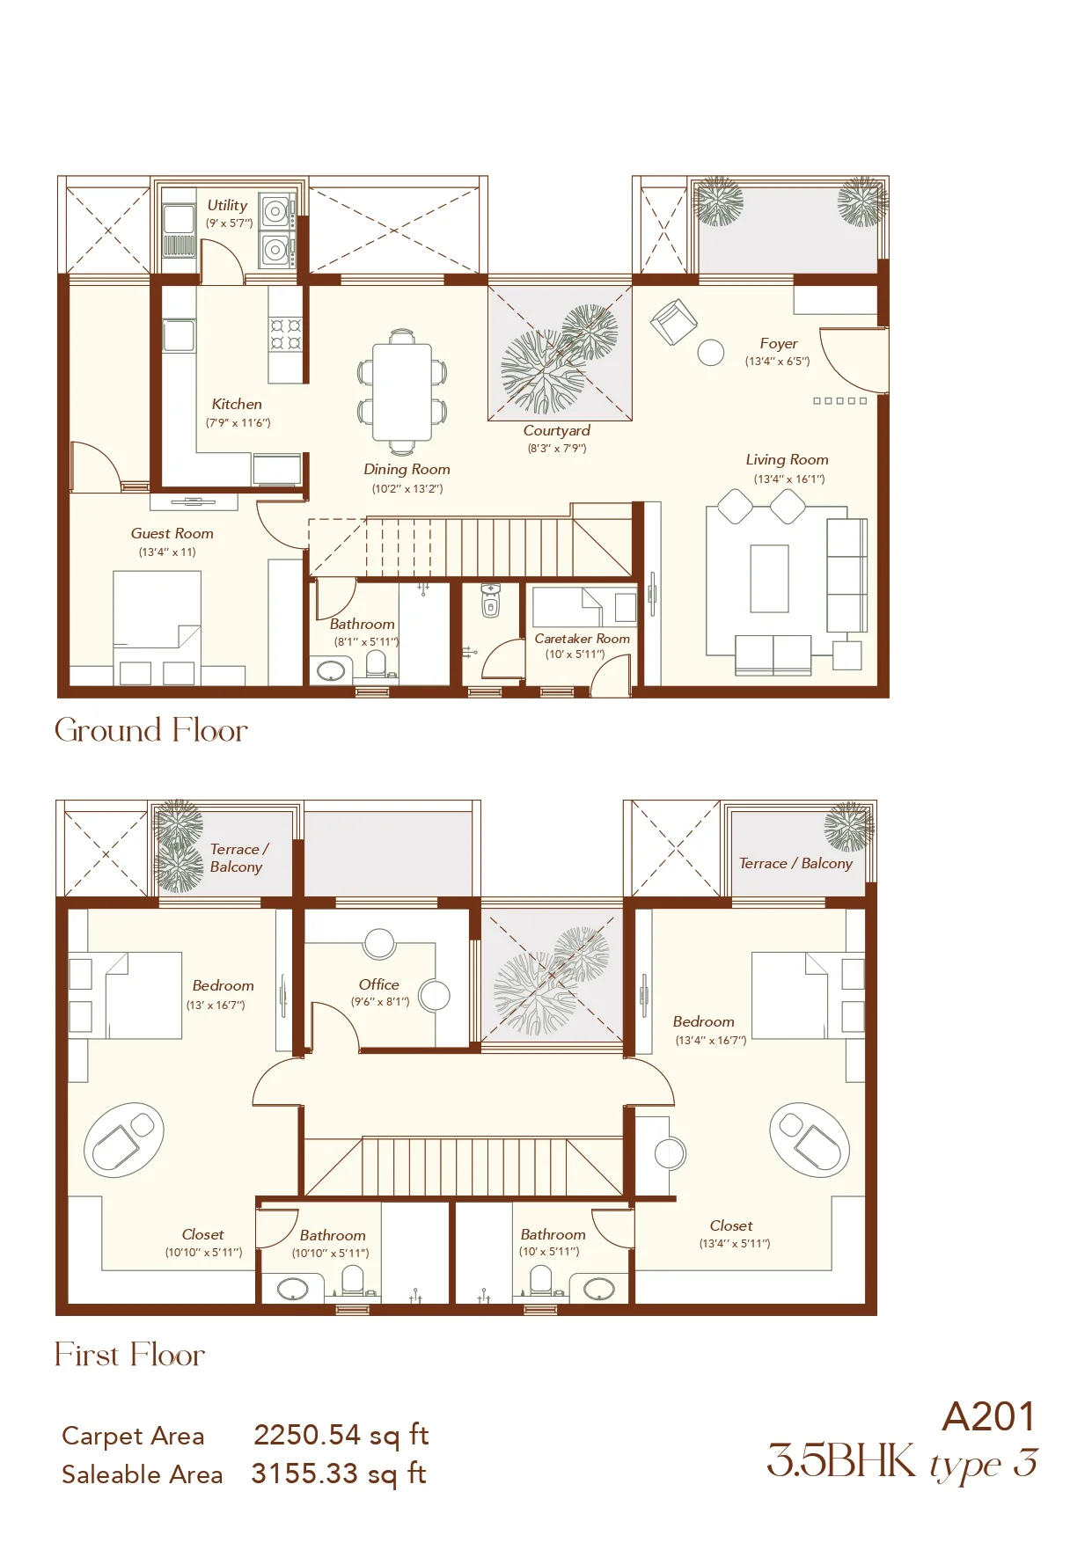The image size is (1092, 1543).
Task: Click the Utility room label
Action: coord(227,205)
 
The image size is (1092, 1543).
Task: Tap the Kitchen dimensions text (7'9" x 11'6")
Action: coord(238,423)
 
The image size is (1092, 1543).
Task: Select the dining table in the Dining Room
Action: coord(402,391)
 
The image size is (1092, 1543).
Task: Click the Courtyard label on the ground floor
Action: coord(556,431)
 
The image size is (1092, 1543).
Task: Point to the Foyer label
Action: coord(779,344)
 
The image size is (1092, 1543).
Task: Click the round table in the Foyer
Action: coord(711,353)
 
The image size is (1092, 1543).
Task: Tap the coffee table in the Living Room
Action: coord(769,579)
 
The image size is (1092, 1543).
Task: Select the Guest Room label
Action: coord(172,534)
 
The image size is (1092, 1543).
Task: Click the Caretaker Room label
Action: coord(583,639)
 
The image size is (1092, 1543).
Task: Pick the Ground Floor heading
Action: coord(151,730)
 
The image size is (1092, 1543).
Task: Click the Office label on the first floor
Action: coord(379,984)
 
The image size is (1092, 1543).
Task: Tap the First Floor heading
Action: coord(129,1355)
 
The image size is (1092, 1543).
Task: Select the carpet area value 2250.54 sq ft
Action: coord(341,1436)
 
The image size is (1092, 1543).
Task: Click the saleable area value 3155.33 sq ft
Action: coord(339,1474)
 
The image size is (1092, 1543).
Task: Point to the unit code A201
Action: coord(989,1417)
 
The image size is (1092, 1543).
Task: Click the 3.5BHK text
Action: coord(842,1461)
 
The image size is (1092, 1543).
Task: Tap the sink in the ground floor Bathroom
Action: coord(331,671)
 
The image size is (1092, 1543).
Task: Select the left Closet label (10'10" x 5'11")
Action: coord(203,1235)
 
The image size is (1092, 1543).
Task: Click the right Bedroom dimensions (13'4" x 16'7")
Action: coord(711,1041)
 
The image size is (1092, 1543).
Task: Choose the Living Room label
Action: coord(788,460)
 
